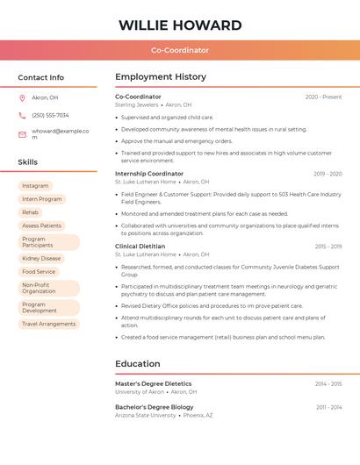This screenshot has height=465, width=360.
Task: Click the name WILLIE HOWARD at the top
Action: click(180, 25)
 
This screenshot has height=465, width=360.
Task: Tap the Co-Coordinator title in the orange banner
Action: click(180, 50)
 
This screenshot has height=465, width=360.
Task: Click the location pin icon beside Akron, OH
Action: click(22, 97)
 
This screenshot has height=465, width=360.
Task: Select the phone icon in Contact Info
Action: click(22, 115)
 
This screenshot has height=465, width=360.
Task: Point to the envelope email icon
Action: click(22, 134)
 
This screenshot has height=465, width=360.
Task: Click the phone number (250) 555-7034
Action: click(50, 115)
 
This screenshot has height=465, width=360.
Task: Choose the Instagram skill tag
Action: click(35, 186)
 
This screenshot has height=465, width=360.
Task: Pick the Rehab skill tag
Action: click(30, 212)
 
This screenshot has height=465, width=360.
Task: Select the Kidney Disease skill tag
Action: click(41, 259)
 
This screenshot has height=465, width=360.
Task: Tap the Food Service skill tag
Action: click(39, 272)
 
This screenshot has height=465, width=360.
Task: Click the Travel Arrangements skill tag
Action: click(48, 324)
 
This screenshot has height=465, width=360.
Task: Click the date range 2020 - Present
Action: click(323, 97)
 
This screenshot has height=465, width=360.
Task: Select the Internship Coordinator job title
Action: click(149, 174)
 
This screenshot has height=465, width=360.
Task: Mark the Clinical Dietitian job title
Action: click(140, 247)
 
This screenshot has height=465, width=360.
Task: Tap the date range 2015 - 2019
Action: click(328, 247)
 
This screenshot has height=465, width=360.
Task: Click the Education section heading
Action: click(138, 364)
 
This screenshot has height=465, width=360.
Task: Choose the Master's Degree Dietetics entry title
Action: click(153, 383)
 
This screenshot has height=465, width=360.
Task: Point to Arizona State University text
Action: click(146, 415)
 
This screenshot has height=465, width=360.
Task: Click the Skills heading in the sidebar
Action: click(28, 162)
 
